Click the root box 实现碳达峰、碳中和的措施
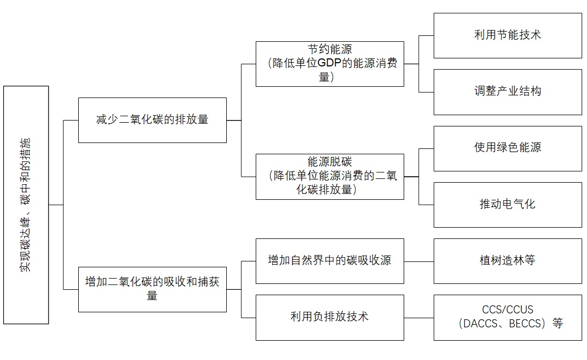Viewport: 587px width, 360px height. coord(26,205)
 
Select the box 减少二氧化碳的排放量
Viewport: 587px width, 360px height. coord(152,120)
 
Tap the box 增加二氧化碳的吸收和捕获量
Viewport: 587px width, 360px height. coord(152,289)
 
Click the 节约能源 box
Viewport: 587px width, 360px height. coord(330,64)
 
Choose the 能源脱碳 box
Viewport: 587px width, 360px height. coord(330,177)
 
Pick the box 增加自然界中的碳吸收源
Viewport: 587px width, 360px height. coord(330,261)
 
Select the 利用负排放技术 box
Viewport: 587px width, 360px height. coord(330,317)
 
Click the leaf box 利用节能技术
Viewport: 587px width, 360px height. coord(507,35)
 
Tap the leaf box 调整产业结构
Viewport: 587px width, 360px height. coord(507,92)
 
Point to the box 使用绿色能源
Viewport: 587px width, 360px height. coord(507,148)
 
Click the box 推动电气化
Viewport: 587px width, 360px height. coord(507,205)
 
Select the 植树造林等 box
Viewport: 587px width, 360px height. coord(507,261)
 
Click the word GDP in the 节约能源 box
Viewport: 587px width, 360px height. coord(330,63)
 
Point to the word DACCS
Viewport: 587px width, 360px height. coord(482,324)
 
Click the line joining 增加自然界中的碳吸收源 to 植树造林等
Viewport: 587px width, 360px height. coord(419,261)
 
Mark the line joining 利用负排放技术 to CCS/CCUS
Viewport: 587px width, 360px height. coord(419,318)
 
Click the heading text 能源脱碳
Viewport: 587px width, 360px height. coord(330,162)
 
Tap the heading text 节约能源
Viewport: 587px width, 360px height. coord(330,49)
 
